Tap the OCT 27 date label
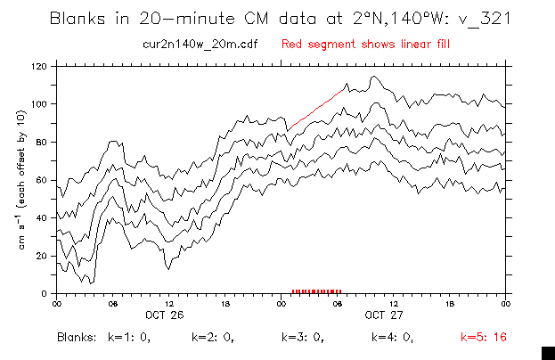383,314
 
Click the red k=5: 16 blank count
483,338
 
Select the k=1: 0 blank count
128,338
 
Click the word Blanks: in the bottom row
75,338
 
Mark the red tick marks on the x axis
316,290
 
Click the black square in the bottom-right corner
549,353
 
